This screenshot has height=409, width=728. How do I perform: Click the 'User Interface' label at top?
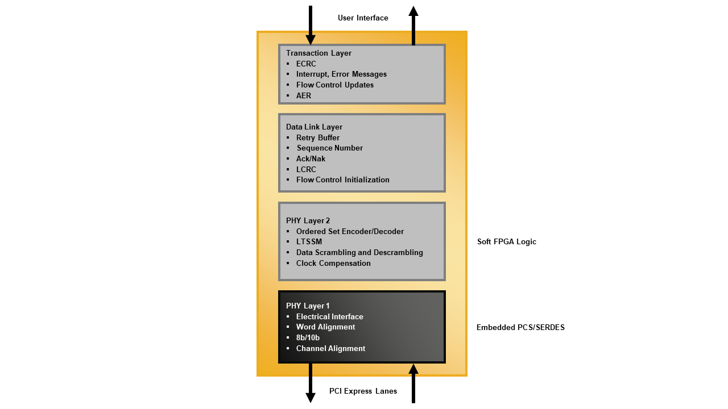pyautogui.click(x=363, y=18)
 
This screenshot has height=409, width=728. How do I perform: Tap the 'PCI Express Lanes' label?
pyautogui.click(x=363, y=391)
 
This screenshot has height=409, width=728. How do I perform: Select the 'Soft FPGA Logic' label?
pyautogui.click(x=506, y=242)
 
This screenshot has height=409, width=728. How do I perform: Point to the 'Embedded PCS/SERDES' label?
pyautogui.click(x=520, y=328)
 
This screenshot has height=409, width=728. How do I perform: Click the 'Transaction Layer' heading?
pyautogui.click(x=318, y=53)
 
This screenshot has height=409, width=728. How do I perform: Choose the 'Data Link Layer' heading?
pyautogui.click(x=314, y=127)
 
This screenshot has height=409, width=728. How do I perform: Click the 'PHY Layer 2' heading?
pyautogui.click(x=308, y=221)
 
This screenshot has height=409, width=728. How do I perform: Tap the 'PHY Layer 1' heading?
pyautogui.click(x=308, y=306)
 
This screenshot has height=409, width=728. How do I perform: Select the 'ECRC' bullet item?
pyautogui.click(x=306, y=64)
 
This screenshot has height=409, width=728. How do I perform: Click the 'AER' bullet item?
pyautogui.click(x=304, y=96)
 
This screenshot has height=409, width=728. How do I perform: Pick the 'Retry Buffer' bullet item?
pyautogui.click(x=318, y=138)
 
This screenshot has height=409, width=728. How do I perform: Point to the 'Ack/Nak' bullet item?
pyautogui.click(x=311, y=159)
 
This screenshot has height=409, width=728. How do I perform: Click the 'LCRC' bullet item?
pyautogui.click(x=306, y=170)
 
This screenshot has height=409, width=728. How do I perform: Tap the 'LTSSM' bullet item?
pyautogui.click(x=309, y=242)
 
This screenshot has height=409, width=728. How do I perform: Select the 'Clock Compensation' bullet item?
pyautogui.click(x=333, y=264)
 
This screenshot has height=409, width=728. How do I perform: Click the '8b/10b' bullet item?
pyautogui.click(x=308, y=338)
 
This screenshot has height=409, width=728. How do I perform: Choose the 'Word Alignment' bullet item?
pyautogui.click(x=325, y=327)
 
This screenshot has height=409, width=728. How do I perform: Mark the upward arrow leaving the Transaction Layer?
pyautogui.click(x=413, y=26)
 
